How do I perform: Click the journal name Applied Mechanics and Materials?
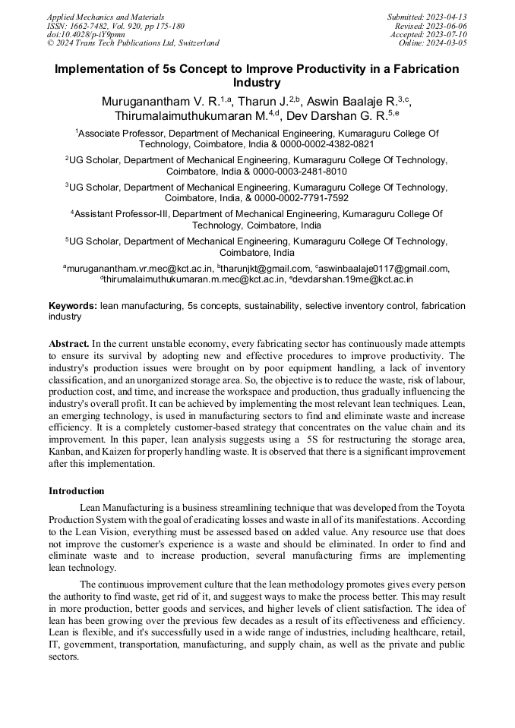coord(106,17)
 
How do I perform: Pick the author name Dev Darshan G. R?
coord(341,116)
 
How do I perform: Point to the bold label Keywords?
coord(73,306)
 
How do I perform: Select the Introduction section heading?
coord(77,491)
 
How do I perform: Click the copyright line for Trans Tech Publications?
coord(133,43)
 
